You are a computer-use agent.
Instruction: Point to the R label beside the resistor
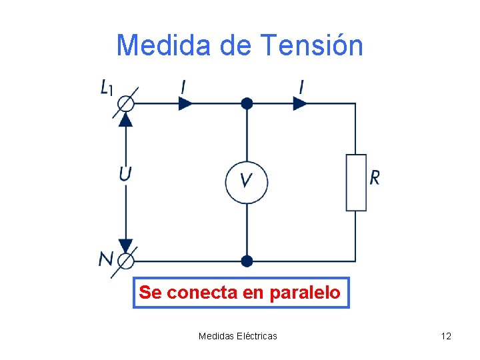(375, 177)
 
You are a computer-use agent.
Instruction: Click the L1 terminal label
(107, 87)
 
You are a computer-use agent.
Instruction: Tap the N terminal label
(106, 259)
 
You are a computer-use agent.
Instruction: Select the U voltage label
(125, 174)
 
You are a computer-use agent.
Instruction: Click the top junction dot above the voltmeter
(247, 103)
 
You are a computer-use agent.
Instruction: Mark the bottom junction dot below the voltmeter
(247, 261)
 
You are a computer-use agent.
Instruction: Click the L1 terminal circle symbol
(125, 104)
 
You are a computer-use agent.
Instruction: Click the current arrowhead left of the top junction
(186, 103)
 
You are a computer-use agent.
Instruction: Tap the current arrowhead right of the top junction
(300, 103)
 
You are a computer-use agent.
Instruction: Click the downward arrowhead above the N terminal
(125, 245)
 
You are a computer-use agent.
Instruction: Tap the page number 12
(446, 336)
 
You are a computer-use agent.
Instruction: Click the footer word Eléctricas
(257, 336)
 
